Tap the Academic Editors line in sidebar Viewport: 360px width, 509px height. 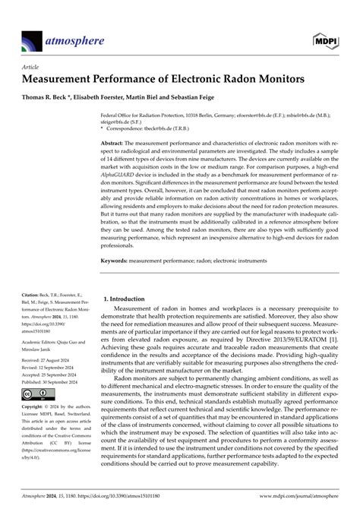pos(53,343)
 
